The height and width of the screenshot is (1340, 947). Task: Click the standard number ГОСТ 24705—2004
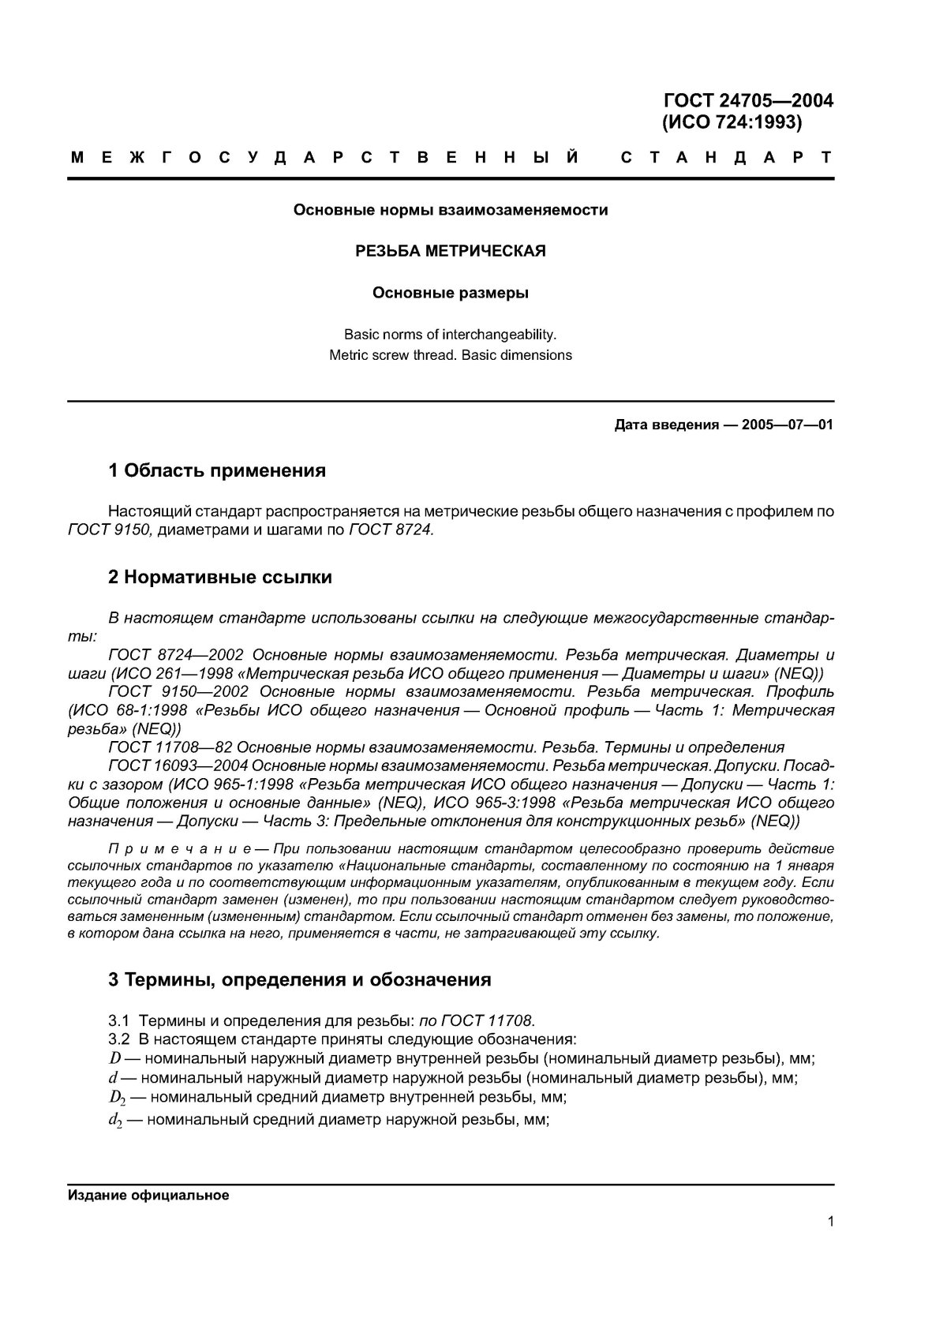pos(749,101)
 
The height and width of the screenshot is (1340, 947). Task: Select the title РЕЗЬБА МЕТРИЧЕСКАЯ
pos(450,252)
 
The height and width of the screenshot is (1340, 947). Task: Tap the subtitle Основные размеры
pos(450,294)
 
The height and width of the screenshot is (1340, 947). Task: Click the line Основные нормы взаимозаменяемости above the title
pos(450,211)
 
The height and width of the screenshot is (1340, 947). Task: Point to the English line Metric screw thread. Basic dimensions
pos(450,355)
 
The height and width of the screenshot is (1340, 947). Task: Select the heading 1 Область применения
pos(217,471)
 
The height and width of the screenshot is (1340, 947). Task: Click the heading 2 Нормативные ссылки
pos(219,577)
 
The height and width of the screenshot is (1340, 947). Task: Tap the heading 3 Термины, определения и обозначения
pos(299,980)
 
